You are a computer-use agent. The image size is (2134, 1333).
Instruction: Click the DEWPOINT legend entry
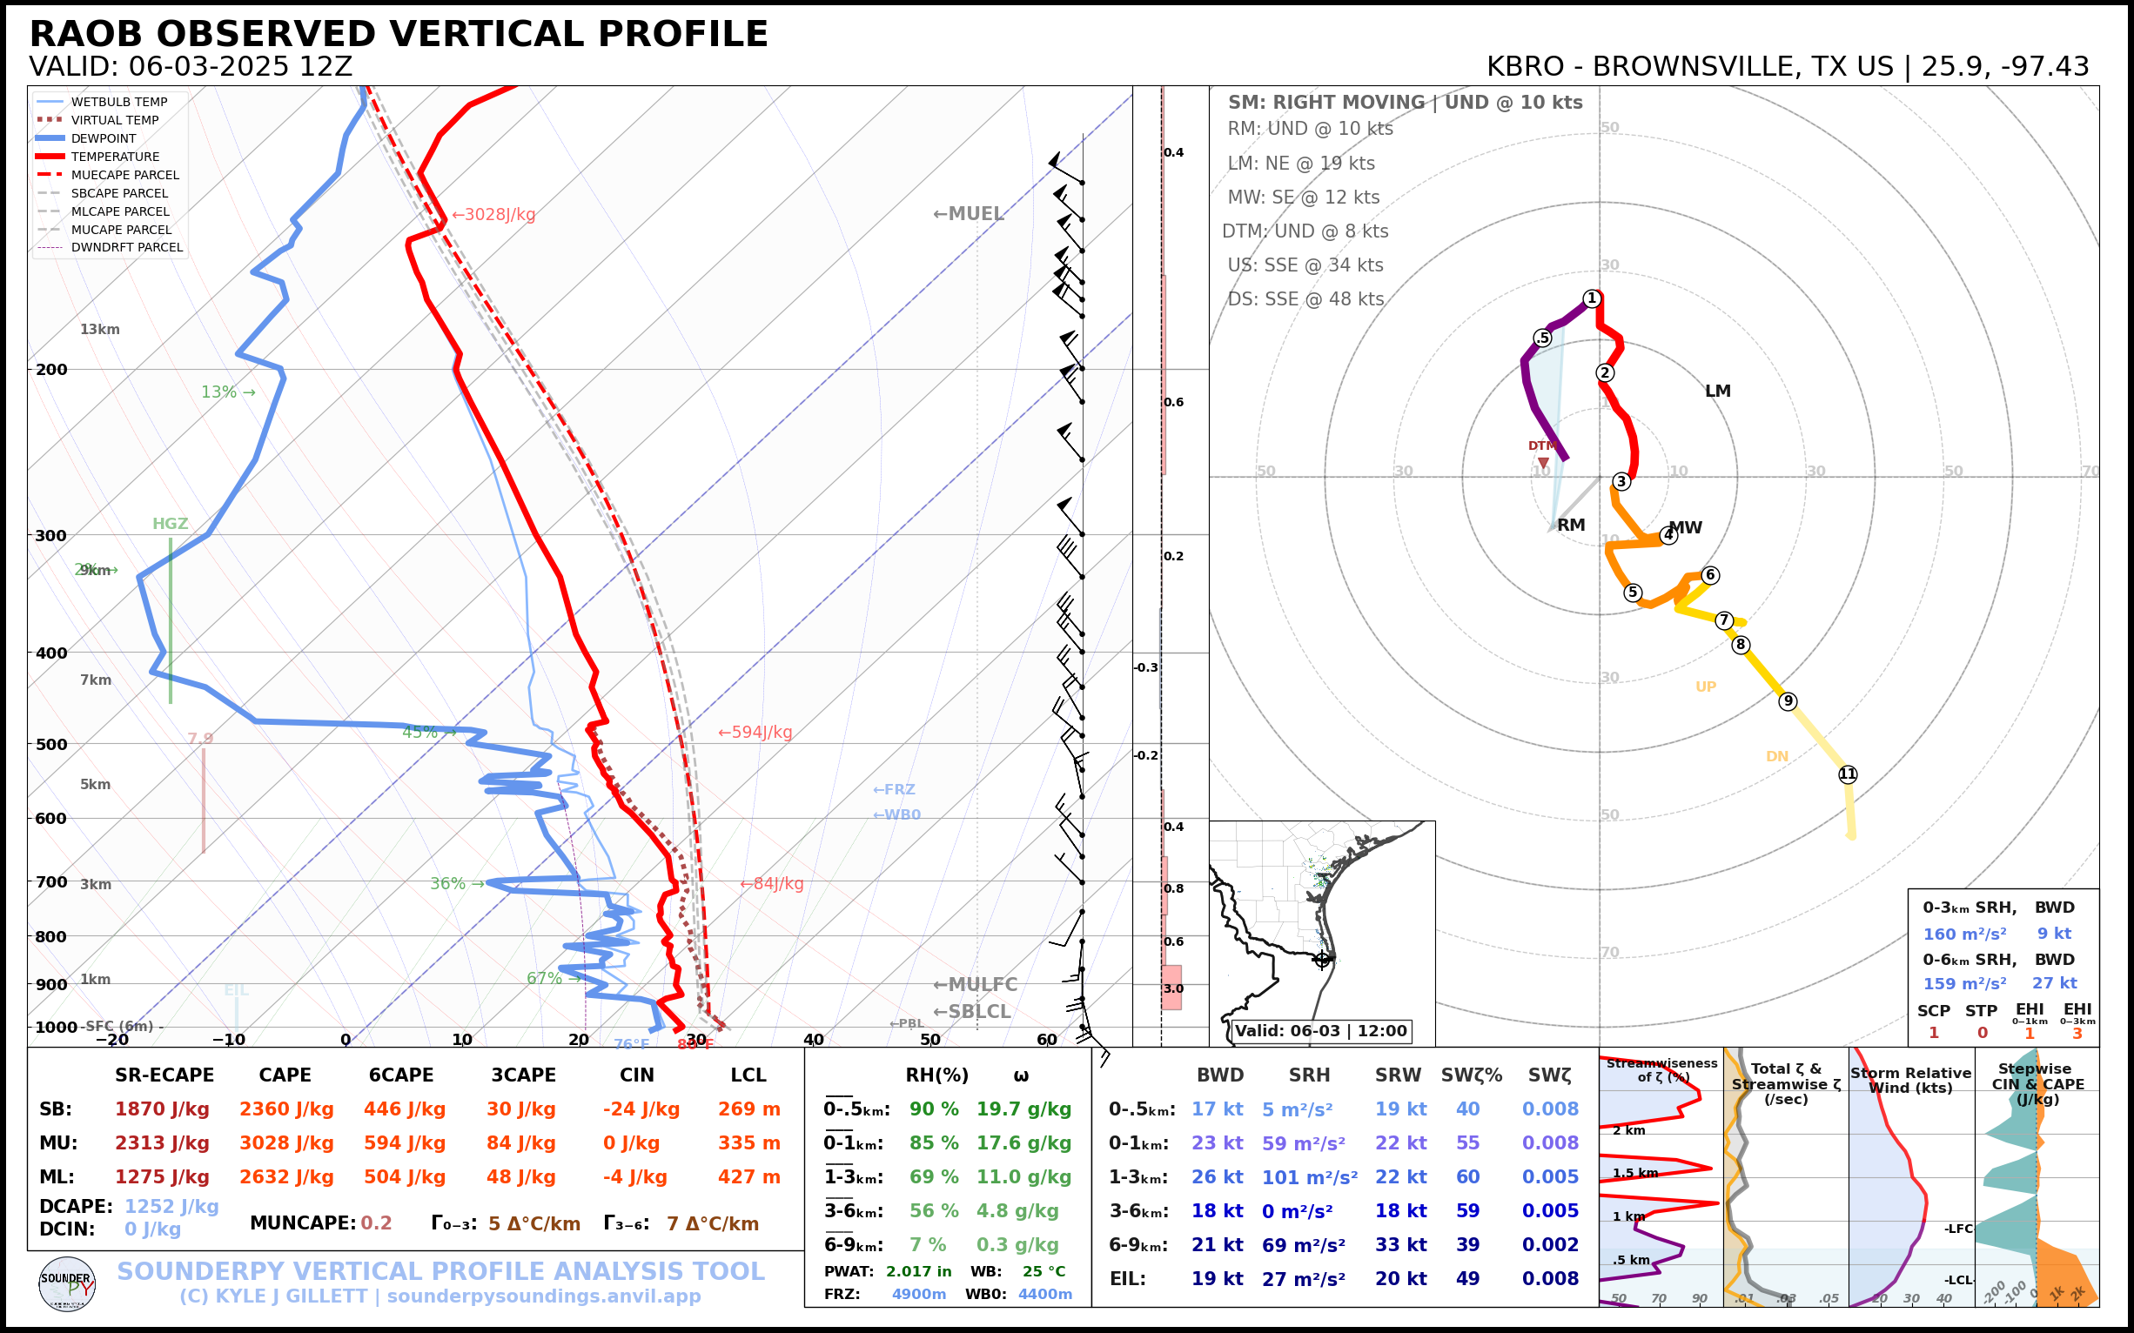104,138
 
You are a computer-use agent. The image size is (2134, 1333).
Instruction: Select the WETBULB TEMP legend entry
119,103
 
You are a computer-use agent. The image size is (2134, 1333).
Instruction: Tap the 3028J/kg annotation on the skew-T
493,214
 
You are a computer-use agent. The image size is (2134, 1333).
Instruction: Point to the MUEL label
970,213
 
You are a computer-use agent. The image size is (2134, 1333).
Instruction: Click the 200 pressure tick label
51,370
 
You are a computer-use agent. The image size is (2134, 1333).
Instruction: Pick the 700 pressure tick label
51,881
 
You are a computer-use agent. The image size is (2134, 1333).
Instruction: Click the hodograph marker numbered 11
1848,774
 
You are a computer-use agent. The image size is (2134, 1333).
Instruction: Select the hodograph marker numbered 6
1710,575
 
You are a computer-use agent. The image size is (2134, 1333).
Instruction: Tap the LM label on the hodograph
1717,391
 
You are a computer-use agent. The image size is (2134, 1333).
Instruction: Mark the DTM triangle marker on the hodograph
1543,462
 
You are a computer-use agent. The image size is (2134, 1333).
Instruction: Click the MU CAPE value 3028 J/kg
285,1142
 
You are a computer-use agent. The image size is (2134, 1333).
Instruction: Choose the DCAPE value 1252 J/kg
171,1206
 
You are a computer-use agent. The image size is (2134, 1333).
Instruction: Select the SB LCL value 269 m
748,1109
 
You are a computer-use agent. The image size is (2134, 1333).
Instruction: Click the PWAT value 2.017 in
918,1271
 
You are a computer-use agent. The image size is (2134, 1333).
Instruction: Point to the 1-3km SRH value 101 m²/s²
1309,1177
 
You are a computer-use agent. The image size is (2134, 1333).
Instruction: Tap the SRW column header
1398,1075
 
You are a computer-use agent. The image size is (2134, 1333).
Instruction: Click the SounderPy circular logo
67,1283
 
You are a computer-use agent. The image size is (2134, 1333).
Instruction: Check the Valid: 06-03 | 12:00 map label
1320,1030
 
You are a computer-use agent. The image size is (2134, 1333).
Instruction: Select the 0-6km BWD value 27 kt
2054,983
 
